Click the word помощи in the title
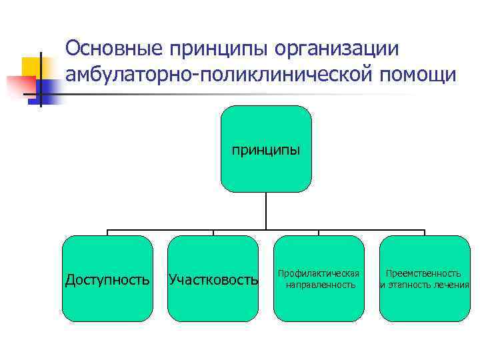[418, 75]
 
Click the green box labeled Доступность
[107, 279]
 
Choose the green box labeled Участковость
[213, 279]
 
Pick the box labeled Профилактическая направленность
[319, 279]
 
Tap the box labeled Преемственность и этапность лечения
[425, 279]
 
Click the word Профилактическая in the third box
[319, 273]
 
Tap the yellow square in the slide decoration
[31, 67]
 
